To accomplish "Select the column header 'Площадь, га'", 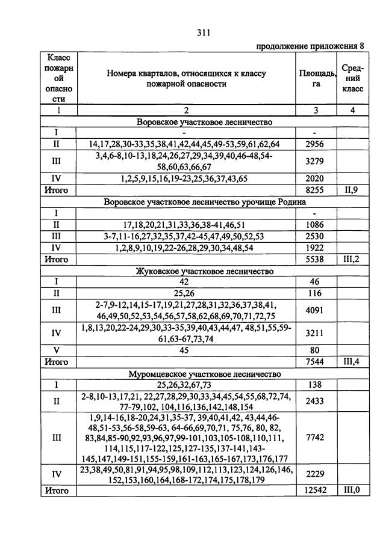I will pos(317,79).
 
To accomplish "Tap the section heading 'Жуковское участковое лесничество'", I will pos(205,271).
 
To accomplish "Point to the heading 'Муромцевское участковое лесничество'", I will pos(205,374).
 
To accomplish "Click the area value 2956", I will pos(315,145).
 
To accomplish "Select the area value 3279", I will pos(315,162).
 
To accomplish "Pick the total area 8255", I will pos(315,190).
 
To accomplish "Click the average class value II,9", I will pos(352,190).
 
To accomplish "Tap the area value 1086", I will pos(315,224).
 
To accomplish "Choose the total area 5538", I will pos(315,260).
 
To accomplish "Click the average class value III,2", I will pos(352,260).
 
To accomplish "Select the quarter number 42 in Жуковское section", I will pos(185,282).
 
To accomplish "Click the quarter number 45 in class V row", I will pos(185,351).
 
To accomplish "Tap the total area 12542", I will pos(315,491).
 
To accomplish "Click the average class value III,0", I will pos(352,491).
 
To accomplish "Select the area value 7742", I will pos(315,438).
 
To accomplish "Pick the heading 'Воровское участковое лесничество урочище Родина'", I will pos(205,202).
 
